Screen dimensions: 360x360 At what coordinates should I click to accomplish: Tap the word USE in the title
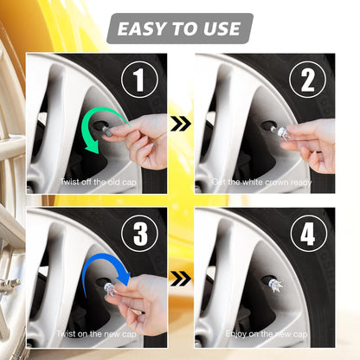pyautogui.click(x=218, y=29)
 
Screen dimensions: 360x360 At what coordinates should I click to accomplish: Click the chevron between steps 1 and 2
pyautogui.click(x=180, y=124)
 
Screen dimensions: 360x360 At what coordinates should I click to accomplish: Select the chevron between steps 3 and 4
pyautogui.click(x=180, y=278)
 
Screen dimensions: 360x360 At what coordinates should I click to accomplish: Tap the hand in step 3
pyautogui.click(x=143, y=295)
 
